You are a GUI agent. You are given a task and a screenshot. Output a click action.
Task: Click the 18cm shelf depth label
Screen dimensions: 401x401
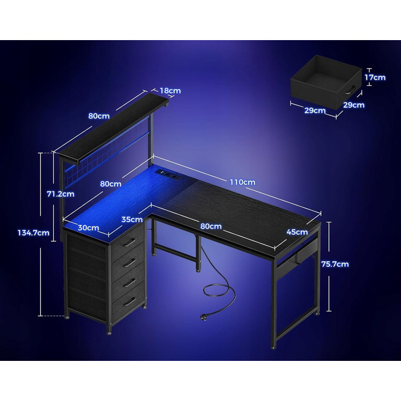click(x=170, y=91)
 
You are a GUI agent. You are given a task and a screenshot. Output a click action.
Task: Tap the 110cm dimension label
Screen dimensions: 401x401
click(x=242, y=182)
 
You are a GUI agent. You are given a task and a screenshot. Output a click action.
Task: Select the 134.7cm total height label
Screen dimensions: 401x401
click(x=33, y=233)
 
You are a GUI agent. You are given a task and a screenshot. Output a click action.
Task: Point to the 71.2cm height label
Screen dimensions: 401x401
click(x=61, y=194)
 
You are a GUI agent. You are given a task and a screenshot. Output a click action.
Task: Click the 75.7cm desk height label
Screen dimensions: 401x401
click(x=335, y=264)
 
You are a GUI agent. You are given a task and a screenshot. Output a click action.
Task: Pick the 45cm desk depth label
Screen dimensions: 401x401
click(x=297, y=232)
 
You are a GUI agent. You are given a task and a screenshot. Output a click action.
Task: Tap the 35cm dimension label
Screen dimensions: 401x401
click(x=132, y=219)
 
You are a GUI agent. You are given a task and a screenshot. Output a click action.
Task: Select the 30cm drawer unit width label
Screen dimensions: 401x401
click(x=88, y=227)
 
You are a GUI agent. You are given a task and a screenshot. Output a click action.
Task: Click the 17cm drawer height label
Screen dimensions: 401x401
click(x=375, y=77)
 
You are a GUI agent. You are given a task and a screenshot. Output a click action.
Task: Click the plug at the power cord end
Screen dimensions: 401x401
click(x=203, y=317)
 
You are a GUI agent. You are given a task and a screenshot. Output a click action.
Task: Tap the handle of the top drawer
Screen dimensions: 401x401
click(x=129, y=242)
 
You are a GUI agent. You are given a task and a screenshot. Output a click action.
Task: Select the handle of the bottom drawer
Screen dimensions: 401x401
click(x=129, y=302)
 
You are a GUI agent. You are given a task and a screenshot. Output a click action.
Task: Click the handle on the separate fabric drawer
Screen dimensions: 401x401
click(x=351, y=90)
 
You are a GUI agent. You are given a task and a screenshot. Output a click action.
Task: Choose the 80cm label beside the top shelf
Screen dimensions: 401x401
click(x=99, y=116)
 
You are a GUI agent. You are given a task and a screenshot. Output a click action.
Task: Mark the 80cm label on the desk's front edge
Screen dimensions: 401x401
click(x=211, y=226)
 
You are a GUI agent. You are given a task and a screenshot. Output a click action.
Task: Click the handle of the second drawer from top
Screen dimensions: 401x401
click(x=129, y=262)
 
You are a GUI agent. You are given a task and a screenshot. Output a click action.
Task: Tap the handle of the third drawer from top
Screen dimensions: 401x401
click(x=129, y=282)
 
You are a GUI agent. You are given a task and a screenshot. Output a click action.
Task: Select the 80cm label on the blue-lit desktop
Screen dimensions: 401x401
click(x=111, y=184)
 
